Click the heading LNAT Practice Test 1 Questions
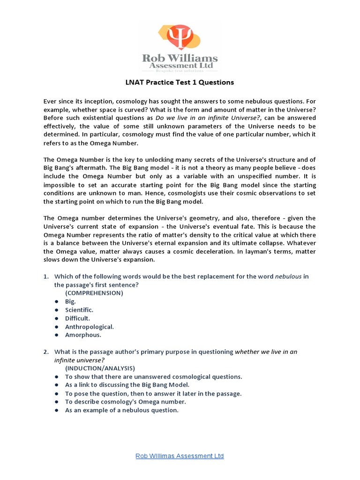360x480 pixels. click(180, 82)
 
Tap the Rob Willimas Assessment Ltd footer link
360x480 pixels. click(180, 456)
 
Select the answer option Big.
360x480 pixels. click(70, 301)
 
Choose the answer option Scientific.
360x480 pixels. click(79, 310)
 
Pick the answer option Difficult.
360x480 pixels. click(77, 318)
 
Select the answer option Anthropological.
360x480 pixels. click(89, 327)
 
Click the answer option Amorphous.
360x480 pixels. click(83, 335)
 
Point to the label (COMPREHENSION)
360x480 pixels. click(94, 293)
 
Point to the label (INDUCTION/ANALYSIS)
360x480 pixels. click(100, 368)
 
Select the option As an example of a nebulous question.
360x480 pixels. click(122, 410)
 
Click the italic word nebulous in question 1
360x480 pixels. click(288, 276)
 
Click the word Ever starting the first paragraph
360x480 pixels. click(50, 101)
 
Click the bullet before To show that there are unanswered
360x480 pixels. click(56, 377)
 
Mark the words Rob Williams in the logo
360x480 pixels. click(180, 59)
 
